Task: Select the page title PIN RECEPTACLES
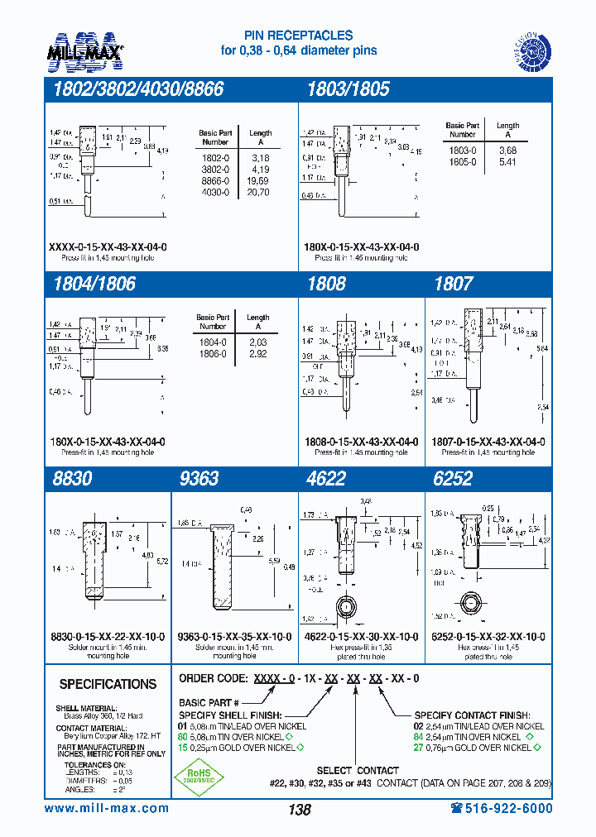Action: tap(298, 36)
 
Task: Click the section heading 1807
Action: tap(453, 284)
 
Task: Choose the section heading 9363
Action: tap(199, 479)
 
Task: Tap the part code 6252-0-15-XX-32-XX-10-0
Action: tap(488, 636)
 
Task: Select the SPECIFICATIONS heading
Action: tap(108, 684)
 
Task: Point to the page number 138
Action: tap(299, 810)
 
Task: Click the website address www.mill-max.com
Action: tap(107, 808)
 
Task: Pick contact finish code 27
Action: tap(419, 748)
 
